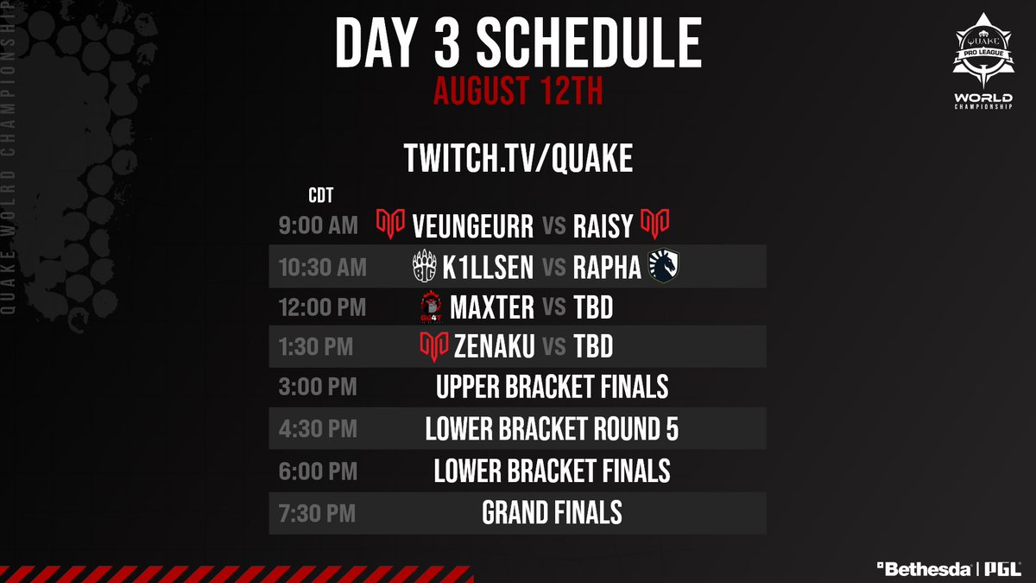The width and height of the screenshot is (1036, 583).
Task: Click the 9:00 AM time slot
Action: [x=317, y=226]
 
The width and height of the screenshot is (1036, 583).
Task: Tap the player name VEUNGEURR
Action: [x=472, y=226]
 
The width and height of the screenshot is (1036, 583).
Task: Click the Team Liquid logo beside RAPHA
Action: [x=665, y=268]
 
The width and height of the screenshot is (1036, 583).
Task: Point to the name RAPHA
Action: [x=608, y=268]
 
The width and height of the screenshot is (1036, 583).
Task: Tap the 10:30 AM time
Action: [x=322, y=268]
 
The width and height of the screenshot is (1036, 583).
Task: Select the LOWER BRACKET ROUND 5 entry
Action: [x=553, y=429]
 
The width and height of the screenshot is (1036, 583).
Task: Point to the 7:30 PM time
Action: [x=317, y=513]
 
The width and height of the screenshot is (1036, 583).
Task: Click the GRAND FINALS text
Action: [x=553, y=513]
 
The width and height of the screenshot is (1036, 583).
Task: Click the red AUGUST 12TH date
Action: [x=518, y=91]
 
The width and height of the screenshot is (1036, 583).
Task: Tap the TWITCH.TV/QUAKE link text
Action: [x=518, y=158]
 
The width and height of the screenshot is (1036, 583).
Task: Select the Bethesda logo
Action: [x=923, y=569]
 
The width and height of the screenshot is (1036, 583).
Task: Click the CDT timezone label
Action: [x=321, y=194]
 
